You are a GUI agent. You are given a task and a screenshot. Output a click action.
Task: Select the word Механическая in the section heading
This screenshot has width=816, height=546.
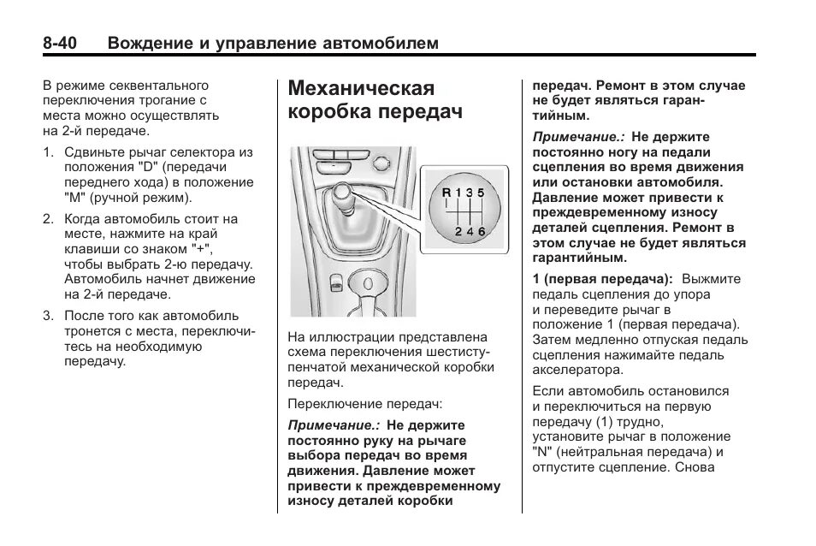coord(362,89)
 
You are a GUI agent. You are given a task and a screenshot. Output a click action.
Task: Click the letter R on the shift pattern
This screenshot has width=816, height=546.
coord(446,192)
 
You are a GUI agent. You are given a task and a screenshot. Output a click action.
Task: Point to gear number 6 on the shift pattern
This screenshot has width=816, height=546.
coord(482,231)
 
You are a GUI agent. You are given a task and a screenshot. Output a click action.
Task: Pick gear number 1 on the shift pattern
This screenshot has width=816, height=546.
coord(458,192)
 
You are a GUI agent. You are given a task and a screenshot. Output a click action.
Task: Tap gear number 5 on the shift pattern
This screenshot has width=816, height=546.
coord(482,192)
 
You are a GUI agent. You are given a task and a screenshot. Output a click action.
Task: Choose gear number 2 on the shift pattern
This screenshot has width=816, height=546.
coord(458,231)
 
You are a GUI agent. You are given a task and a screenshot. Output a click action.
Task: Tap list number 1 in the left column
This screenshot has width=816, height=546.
coord(48,152)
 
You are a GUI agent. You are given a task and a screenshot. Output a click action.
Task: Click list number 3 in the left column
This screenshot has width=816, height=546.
coord(48,316)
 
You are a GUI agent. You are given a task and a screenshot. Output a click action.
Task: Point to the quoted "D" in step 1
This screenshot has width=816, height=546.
coord(149,167)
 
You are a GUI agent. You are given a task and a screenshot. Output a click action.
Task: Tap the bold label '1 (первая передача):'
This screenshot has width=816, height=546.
coord(602,279)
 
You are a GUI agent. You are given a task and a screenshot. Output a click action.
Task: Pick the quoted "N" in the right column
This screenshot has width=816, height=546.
coord(541,452)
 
